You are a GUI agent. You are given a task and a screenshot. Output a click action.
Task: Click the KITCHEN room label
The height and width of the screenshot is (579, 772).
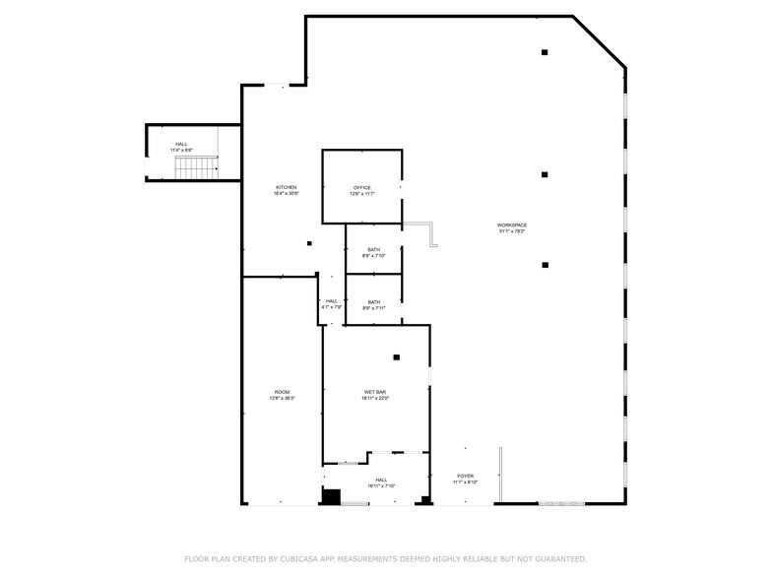pos(286,188)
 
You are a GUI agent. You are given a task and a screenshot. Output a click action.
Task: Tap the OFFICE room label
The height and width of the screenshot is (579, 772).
pos(361,188)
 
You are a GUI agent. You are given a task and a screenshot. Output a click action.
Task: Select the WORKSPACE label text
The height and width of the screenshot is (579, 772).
pos(511,225)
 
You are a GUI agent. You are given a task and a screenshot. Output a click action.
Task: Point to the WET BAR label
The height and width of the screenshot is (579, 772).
pos(376,393)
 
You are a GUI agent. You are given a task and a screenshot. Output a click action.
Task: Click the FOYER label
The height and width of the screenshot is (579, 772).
pos(465,476)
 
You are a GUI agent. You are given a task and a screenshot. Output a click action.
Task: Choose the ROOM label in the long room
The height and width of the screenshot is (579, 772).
pos(282,392)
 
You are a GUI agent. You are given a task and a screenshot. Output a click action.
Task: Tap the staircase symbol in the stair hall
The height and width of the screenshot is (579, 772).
pos(196,168)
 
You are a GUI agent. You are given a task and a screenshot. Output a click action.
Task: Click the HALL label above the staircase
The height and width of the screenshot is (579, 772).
pos(181,145)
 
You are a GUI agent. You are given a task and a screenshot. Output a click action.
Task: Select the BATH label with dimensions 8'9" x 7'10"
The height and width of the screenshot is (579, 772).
pos(373,250)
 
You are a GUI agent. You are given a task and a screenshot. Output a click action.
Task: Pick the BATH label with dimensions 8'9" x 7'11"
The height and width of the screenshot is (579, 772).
pos(373,302)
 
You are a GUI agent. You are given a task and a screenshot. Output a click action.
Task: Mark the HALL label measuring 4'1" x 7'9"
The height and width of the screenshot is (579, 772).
pos(332,301)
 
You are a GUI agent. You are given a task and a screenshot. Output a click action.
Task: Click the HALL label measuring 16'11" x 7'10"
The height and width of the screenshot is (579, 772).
pos(380,481)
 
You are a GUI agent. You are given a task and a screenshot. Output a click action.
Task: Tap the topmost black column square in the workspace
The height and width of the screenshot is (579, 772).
pos(545,52)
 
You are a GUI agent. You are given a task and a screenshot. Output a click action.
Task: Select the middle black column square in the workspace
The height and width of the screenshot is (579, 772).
pos(545,174)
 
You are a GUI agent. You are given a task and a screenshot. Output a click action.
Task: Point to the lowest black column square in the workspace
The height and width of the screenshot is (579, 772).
pos(545,265)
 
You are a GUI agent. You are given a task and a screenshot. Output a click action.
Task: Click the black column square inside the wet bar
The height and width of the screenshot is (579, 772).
pos(397,357)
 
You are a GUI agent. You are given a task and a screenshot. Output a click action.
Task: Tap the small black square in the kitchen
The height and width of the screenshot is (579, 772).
pos(309,243)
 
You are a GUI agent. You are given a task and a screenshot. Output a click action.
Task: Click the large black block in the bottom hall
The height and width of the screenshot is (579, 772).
pos(332,497)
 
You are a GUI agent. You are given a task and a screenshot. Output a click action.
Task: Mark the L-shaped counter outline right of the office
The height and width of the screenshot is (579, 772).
pos(425,232)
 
